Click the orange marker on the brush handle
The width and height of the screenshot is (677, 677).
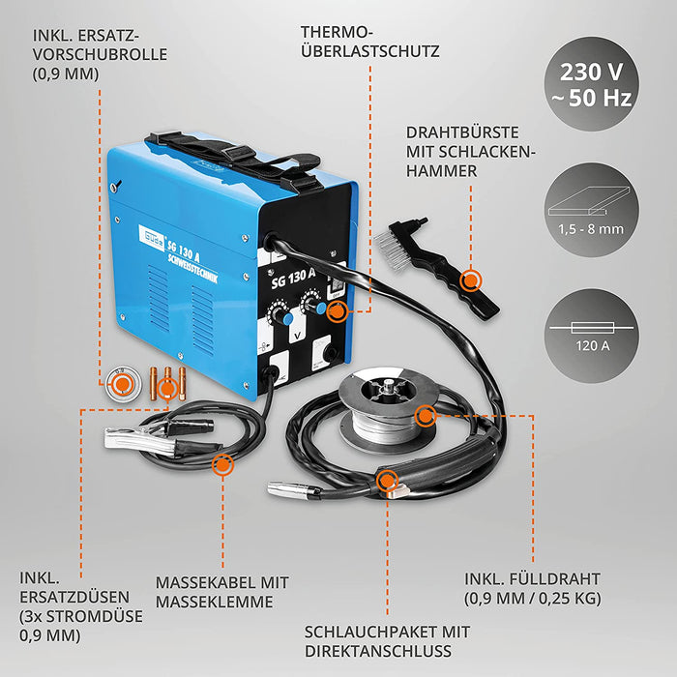(471, 280)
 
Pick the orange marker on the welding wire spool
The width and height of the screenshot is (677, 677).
(425, 418)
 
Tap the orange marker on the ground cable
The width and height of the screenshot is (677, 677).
(222, 464)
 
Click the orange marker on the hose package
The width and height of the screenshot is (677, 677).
(388, 479)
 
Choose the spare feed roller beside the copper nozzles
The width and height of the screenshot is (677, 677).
(123, 386)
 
